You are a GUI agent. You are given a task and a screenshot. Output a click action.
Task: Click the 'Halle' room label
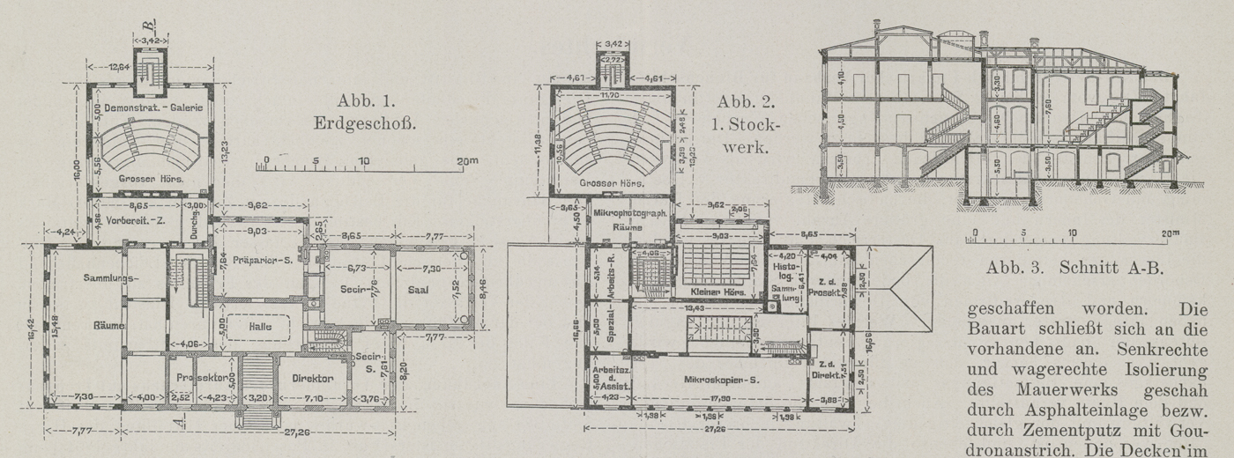click(x=260, y=327)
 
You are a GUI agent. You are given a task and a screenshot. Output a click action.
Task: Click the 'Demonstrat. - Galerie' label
click(x=154, y=107)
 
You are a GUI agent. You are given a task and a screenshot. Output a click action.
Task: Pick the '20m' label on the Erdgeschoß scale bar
click(x=467, y=161)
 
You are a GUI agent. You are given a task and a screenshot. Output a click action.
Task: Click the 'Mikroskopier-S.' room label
click(x=718, y=380)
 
